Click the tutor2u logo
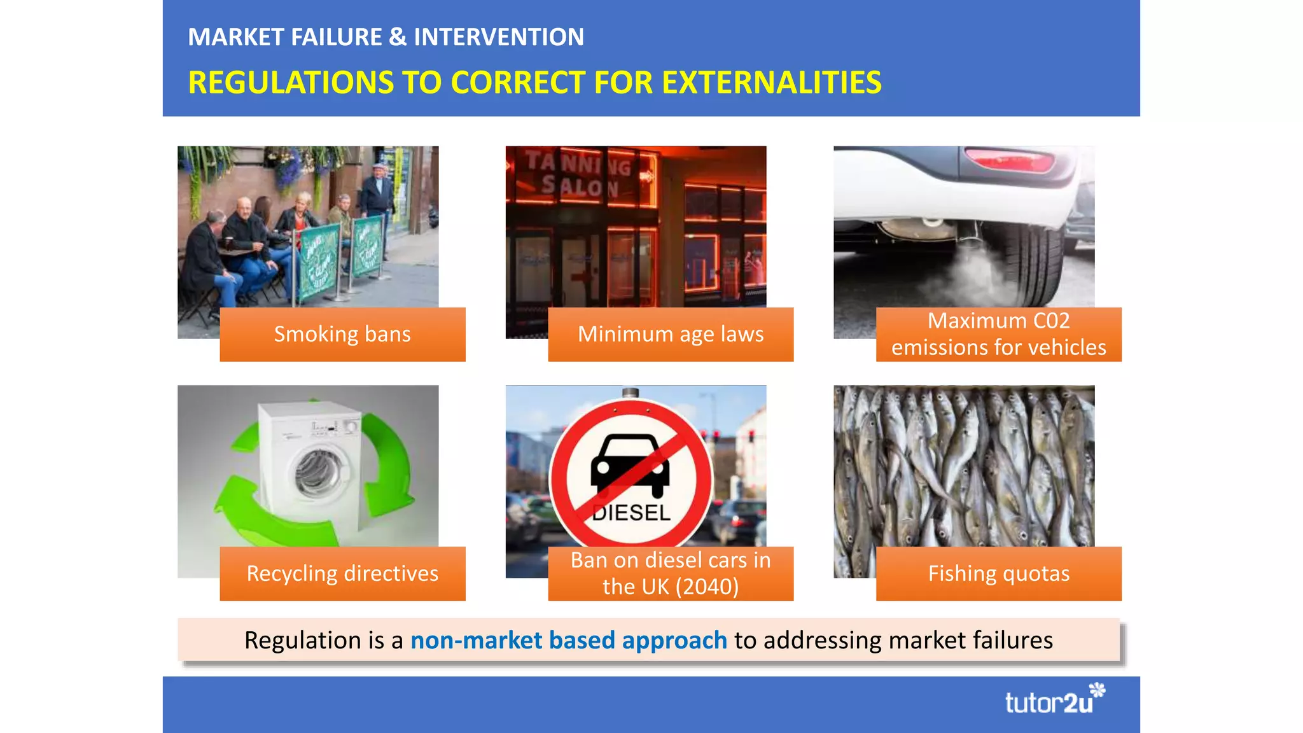[x=1054, y=700]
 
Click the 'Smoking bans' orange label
[x=342, y=335]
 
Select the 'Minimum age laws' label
[x=671, y=335]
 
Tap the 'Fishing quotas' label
[x=998, y=573]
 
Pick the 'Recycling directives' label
[x=342, y=573]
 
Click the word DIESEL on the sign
[x=631, y=513]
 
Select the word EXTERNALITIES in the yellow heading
[x=771, y=83]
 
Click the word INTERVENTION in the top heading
[x=499, y=37]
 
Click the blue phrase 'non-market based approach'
[x=568, y=640]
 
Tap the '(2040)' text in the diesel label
[x=706, y=587]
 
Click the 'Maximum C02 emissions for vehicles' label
[x=998, y=335]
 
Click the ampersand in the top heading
[x=398, y=37]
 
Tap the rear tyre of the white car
[x=1037, y=261]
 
